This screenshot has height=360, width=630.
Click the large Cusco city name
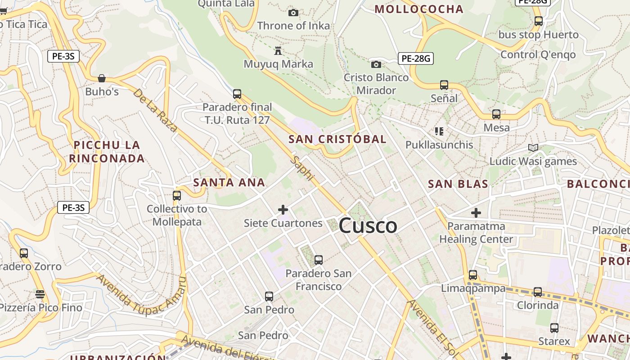(368, 225)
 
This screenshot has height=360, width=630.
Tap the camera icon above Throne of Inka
(293, 13)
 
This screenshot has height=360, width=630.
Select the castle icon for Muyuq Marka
(278, 51)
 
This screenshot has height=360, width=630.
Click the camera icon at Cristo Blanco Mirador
(376, 64)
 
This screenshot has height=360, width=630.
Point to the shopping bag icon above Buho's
(102, 78)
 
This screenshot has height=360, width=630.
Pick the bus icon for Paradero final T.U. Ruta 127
(237, 94)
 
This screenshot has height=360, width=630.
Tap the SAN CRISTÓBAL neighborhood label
(337, 139)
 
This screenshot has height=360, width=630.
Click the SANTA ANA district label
(229, 182)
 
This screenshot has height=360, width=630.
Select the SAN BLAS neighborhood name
(458, 184)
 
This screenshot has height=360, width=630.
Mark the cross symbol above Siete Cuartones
(283, 210)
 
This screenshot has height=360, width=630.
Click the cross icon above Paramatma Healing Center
(476, 212)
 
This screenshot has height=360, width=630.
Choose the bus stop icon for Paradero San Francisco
(319, 260)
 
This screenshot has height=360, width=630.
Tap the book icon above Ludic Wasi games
(533, 148)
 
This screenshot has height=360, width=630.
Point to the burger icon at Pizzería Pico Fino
(40, 294)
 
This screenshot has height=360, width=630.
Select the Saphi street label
(301, 168)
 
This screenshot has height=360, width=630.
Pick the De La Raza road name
(155, 110)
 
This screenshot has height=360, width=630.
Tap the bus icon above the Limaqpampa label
(473, 274)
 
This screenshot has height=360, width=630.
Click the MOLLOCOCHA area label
(419, 9)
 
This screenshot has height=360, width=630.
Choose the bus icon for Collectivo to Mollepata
(177, 196)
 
